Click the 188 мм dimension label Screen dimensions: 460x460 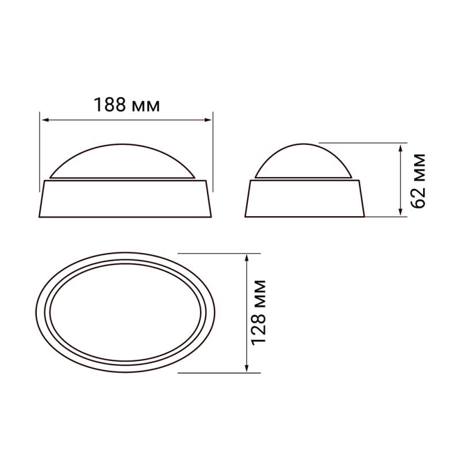tap(126, 105)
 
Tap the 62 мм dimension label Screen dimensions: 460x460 tap(418, 181)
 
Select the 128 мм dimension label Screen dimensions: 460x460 tap(259, 312)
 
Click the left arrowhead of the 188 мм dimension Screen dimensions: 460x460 tap(45, 120)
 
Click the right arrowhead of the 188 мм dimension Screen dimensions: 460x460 tap(208, 120)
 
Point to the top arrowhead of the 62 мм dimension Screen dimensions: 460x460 tap(400, 148)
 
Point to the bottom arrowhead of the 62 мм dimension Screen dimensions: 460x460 tap(400, 212)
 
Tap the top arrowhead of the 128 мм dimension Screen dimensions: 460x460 tap(247, 258)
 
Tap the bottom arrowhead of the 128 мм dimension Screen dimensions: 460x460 tap(247, 369)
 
